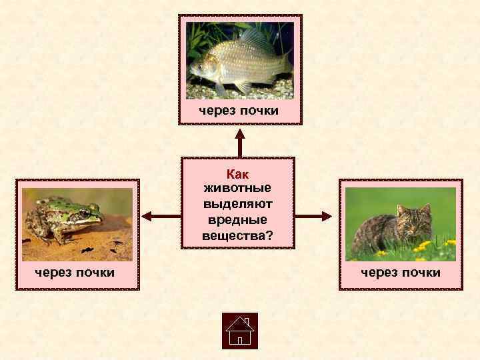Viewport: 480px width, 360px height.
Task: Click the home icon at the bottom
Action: [239, 331]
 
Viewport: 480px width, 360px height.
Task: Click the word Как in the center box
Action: [237, 175]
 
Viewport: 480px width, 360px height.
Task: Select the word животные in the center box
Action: [237, 189]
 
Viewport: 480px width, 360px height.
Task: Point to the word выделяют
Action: [237, 205]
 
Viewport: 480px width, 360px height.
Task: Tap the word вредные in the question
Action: [237, 220]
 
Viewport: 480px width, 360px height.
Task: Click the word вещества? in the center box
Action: [237, 235]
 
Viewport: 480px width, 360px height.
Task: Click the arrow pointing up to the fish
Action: [239, 141]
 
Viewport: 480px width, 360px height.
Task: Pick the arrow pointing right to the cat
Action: [313, 216]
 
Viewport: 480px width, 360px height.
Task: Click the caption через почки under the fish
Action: [239, 111]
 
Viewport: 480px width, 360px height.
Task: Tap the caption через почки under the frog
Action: [75, 272]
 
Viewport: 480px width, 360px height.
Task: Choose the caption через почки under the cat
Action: [401, 272]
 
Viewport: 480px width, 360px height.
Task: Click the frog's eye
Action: [84, 214]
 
